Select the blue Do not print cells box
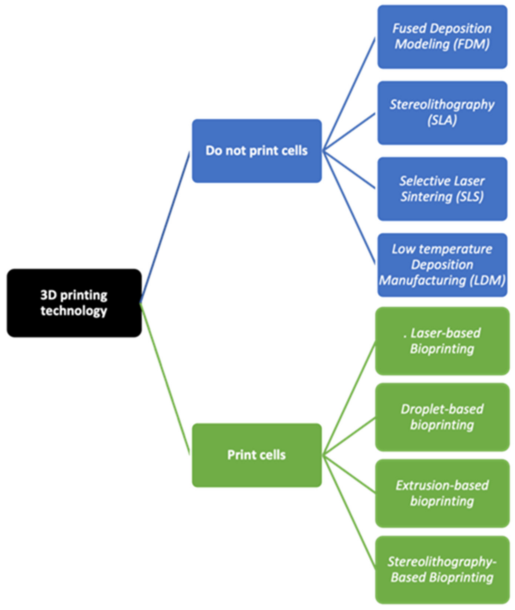pyautogui.click(x=257, y=151)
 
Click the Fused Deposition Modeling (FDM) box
pyautogui.click(x=442, y=37)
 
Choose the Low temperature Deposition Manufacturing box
pyautogui.click(x=442, y=265)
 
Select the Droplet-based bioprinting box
pyautogui.click(x=442, y=417)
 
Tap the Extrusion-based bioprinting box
pyautogui.click(x=442, y=493)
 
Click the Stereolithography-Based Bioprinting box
pyautogui.click(x=442, y=570)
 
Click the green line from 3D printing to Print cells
pyautogui.click(x=165, y=379)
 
